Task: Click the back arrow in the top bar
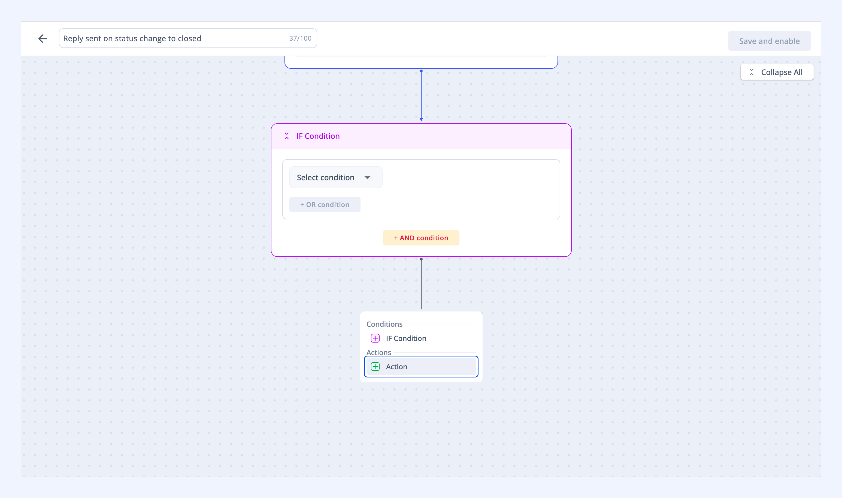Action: pos(43,39)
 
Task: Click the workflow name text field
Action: pos(188,38)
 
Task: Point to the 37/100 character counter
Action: pos(300,38)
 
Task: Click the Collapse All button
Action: pos(777,72)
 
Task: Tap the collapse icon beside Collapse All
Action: pos(752,72)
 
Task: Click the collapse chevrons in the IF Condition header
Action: pos(287,136)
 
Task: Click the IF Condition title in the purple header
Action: pos(318,136)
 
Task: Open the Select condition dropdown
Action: pos(335,177)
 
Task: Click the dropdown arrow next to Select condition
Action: pos(367,178)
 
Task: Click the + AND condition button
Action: pos(421,238)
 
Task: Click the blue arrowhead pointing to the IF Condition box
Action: pos(421,119)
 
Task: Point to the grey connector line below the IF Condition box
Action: pos(421,284)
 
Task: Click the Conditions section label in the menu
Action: pos(384,324)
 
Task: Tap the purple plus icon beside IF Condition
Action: pos(375,338)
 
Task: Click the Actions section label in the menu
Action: pos(378,352)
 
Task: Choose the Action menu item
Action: pos(421,367)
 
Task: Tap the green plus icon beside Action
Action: pos(375,367)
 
